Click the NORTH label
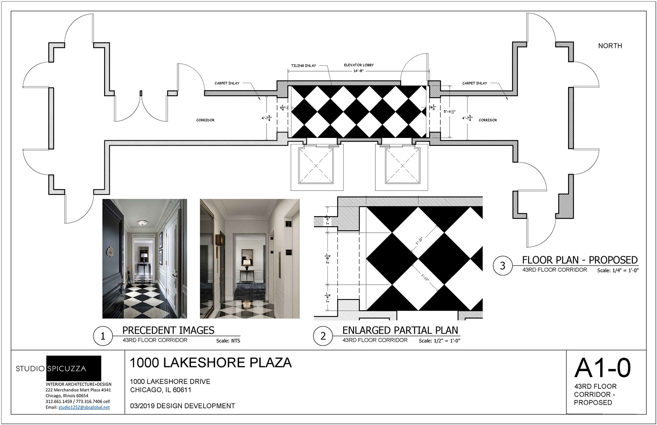coord(610,46)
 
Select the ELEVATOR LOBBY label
coord(359,65)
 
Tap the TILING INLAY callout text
coord(304,66)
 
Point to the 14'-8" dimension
coord(358,71)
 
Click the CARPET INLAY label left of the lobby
coord(227,83)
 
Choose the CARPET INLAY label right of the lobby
coord(475,83)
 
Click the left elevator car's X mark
coord(316,166)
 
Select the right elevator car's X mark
coord(402,166)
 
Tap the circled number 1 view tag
coord(103,336)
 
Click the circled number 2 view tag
coord(323,336)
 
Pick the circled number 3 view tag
coord(503,266)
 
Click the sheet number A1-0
coord(603,368)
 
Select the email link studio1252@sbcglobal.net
coord(84,407)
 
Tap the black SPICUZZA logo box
coord(74,368)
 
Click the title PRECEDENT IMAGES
coord(168,330)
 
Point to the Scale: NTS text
coord(228,341)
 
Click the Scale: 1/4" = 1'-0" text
coord(618,270)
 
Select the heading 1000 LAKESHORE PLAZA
coord(211,363)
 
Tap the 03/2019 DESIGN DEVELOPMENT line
coord(182,406)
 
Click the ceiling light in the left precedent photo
coord(142,223)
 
